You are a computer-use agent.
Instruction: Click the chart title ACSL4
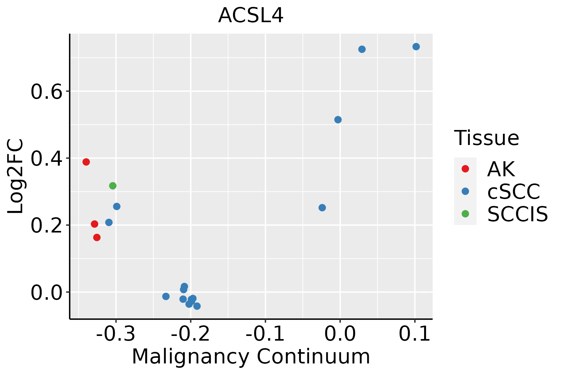point(251,16)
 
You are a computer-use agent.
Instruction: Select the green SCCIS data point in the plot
point(113,186)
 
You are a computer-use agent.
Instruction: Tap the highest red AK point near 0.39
point(86,162)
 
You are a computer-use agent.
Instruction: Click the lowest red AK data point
point(97,237)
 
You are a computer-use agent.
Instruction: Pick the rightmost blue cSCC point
point(416,47)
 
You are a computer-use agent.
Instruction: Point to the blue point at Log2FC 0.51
point(338,120)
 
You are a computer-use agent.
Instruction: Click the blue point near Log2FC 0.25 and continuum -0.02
point(322,208)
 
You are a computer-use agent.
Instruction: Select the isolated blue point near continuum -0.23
point(166,296)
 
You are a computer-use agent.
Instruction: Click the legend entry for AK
point(500,169)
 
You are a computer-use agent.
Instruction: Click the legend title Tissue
point(486,138)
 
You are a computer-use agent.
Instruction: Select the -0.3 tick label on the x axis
point(116,334)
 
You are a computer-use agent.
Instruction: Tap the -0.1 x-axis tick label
point(265,334)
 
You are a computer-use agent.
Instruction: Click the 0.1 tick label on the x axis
point(415,334)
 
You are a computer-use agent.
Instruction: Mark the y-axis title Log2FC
point(16,176)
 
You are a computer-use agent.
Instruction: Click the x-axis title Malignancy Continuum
point(251,357)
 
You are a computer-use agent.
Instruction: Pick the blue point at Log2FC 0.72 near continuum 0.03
point(362,49)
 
